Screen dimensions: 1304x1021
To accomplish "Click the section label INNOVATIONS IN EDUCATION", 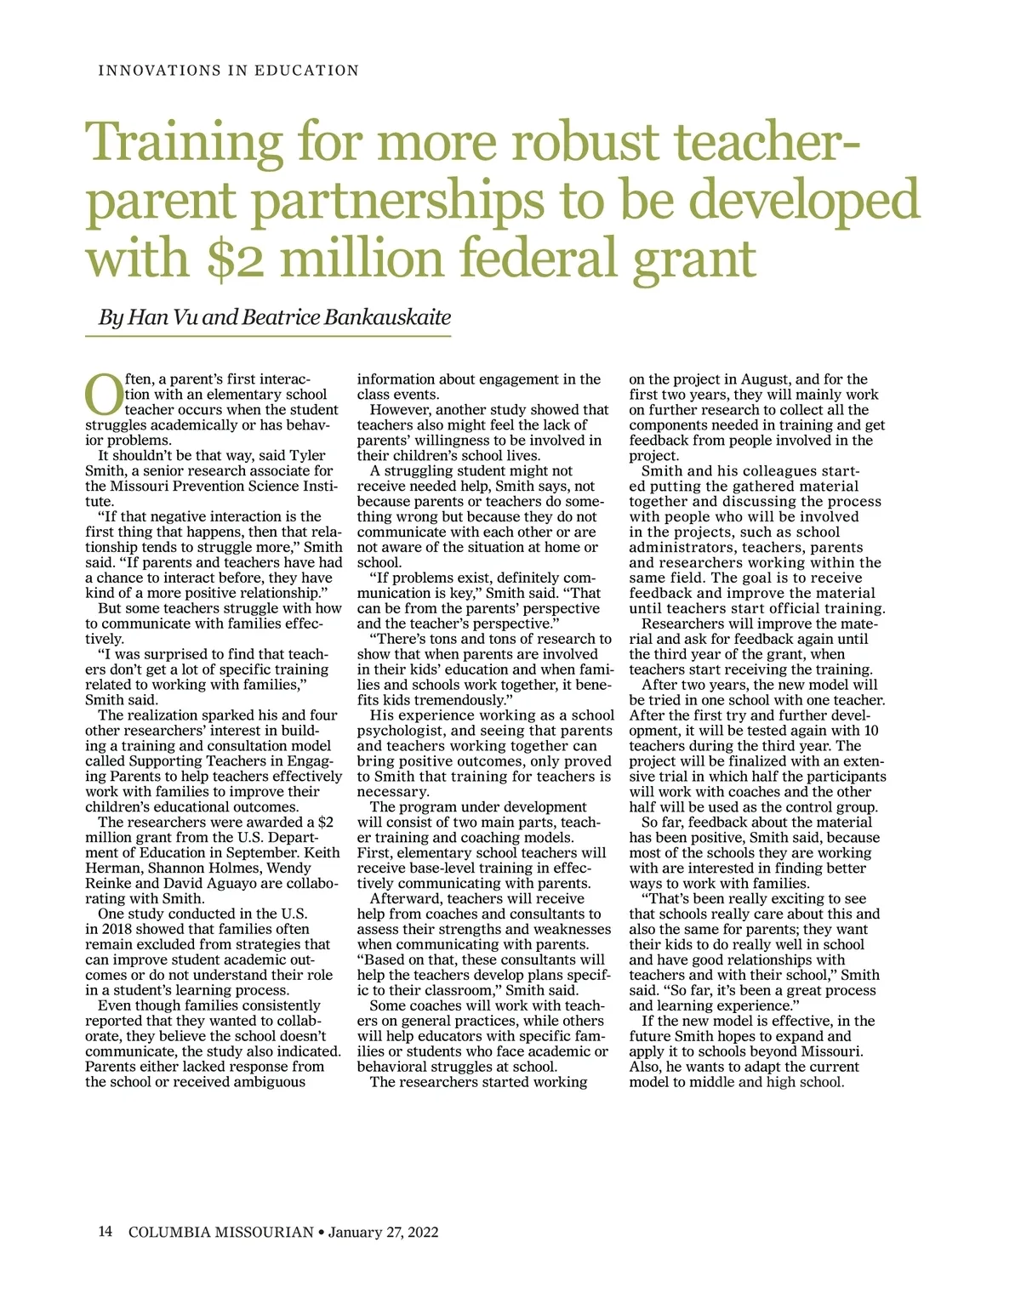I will point(228,71).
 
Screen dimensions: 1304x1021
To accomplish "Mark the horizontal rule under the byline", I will point(267,337).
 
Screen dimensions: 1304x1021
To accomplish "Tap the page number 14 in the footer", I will point(105,1231).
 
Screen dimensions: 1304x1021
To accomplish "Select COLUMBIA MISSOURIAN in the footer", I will point(221,1232).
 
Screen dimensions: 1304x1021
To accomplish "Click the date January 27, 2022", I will point(383,1232).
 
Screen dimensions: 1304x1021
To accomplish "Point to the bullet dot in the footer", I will point(321,1232).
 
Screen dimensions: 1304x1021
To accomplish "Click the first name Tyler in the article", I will point(308,456).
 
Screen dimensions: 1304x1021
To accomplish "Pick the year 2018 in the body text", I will point(112,929).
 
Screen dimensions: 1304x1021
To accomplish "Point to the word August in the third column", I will point(765,379).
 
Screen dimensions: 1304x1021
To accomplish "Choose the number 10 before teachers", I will point(870,731).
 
